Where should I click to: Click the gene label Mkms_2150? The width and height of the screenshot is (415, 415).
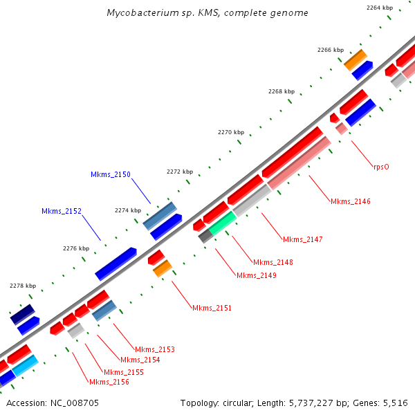[x=110, y=175]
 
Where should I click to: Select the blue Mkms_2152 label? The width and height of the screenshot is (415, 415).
[x=61, y=211]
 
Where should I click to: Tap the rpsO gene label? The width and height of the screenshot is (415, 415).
[x=381, y=166]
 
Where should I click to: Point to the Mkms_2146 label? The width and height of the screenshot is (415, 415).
[x=350, y=202]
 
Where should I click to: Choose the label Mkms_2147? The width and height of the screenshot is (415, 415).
[x=302, y=239]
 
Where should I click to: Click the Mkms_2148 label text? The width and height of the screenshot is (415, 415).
[x=273, y=262]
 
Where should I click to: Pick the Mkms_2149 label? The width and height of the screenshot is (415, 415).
[x=256, y=275]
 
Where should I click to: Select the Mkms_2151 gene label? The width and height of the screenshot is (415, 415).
[x=212, y=308]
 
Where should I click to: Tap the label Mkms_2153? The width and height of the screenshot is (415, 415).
[x=154, y=349]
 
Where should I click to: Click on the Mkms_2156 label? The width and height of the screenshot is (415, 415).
[x=109, y=382]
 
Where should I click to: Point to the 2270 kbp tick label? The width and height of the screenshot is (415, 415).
[x=230, y=132]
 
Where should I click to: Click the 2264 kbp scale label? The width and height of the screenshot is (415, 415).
[x=380, y=8]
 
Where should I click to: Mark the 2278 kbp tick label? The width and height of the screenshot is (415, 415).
[x=22, y=286]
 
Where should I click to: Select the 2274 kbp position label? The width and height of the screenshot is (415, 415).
[x=127, y=210]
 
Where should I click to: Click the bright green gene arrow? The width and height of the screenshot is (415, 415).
[x=223, y=222]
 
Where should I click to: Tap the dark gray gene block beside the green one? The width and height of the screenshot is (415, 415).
[x=205, y=236]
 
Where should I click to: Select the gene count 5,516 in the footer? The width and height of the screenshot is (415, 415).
[x=397, y=403]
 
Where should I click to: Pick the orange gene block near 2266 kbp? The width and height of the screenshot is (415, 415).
[x=356, y=59]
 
